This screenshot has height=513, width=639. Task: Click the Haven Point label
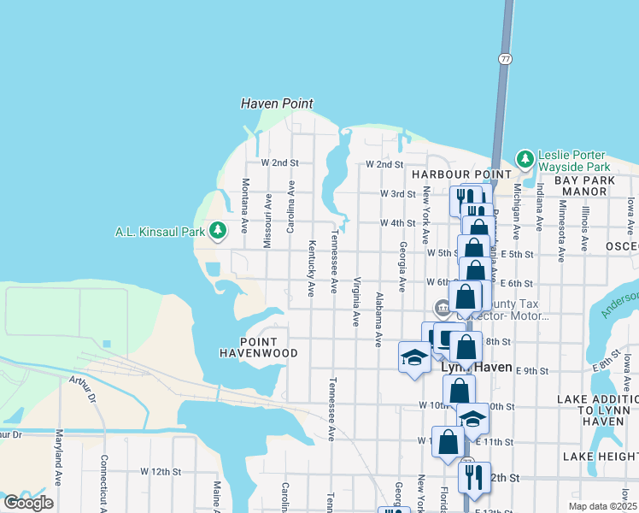click(276, 103)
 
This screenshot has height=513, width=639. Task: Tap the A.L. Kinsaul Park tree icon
click(219, 230)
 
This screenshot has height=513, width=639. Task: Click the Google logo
click(28, 503)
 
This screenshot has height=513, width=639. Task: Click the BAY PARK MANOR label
click(591, 186)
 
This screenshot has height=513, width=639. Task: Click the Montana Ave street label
click(245, 206)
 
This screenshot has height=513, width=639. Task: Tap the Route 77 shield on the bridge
click(505, 59)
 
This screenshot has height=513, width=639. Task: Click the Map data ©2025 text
click(602, 506)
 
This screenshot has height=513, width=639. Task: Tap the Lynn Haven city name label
click(477, 367)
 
